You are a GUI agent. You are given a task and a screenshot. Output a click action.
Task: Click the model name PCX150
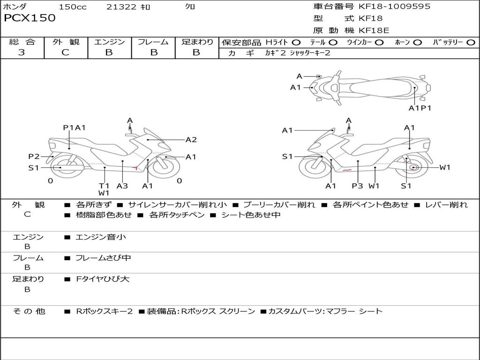[30, 18]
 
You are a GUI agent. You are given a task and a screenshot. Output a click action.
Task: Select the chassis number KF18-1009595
[394, 6]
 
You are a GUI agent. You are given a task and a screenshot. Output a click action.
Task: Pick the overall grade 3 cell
[22, 52]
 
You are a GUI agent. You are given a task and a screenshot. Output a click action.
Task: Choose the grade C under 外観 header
[65, 52]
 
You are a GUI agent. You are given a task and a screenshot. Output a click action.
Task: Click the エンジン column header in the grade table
[109, 42]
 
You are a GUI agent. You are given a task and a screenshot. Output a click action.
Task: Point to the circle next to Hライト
[296, 43]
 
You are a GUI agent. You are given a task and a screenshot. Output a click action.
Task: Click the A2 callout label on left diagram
[191, 139]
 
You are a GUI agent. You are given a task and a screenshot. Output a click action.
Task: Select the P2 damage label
[34, 157]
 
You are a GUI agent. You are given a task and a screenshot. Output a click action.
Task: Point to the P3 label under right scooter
[357, 186]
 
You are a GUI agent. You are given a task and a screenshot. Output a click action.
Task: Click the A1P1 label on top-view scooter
[420, 108]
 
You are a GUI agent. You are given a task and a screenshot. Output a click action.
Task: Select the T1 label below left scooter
[104, 186]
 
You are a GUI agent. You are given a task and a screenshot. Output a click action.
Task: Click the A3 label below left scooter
[122, 186]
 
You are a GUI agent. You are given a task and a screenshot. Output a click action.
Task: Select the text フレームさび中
[103, 258]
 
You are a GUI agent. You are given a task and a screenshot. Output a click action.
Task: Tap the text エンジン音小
[100, 237]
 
